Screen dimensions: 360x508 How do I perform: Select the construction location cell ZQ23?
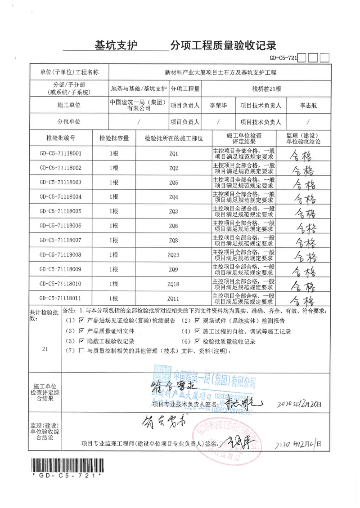pyautogui.click(x=174, y=255)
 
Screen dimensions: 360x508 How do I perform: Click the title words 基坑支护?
pyautogui.click(x=116, y=45)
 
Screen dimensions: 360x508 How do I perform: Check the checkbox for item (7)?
pyautogui.click(x=81, y=351)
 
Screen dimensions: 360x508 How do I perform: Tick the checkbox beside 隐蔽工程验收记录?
pyautogui.click(x=81, y=341)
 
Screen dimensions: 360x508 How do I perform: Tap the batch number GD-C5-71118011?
pyautogui.click(x=60, y=299)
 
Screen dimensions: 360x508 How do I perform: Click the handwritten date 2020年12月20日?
pyautogui.click(x=300, y=405)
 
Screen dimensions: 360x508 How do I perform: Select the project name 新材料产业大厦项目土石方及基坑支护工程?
pyautogui.click(x=220, y=72)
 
